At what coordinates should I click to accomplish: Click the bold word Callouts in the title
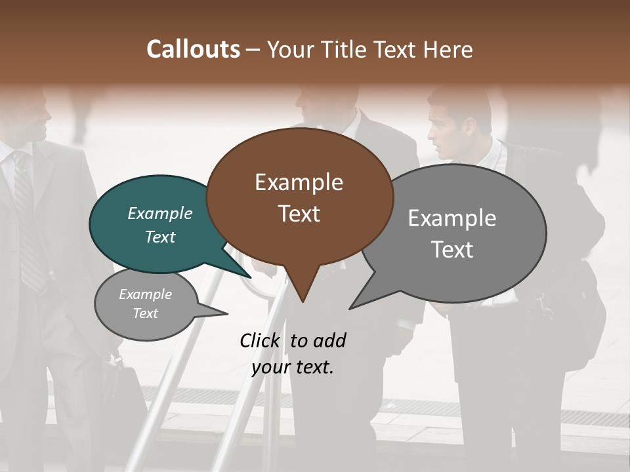pyautogui.click(x=193, y=49)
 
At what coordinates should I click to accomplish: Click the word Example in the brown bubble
pyautogui.click(x=299, y=182)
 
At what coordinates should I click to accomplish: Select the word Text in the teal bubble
pyautogui.click(x=160, y=237)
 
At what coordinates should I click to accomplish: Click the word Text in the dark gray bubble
pyautogui.click(x=452, y=250)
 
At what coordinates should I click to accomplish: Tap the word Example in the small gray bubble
pyautogui.click(x=145, y=294)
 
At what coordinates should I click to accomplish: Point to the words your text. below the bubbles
pyautogui.click(x=293, y=367)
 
